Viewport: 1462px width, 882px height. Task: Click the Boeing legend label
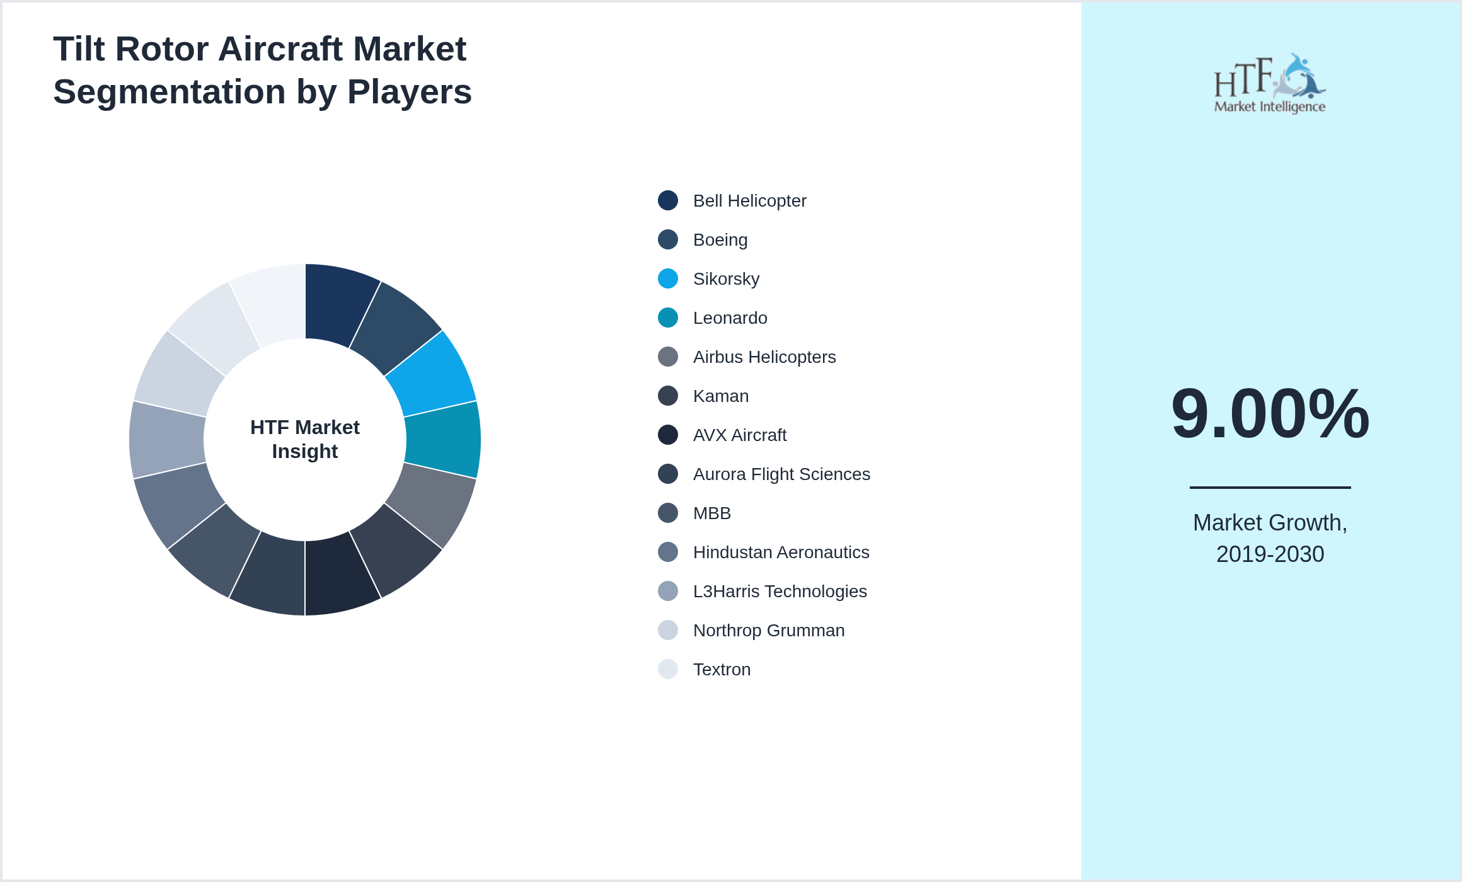720,240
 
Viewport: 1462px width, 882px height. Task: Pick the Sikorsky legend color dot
667,278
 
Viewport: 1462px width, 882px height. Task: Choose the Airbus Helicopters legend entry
764,357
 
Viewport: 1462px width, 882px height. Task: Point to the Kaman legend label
720,396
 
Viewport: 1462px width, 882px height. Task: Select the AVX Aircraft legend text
739,435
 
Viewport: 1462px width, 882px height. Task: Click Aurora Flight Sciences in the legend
781,474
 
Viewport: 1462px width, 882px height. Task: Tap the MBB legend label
711,513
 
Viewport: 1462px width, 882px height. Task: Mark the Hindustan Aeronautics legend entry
780,553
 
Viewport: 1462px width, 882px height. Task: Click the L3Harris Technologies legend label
780,592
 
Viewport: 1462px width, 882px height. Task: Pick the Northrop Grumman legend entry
768,631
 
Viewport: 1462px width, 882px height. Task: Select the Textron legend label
722,670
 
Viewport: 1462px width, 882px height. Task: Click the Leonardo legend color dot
667,318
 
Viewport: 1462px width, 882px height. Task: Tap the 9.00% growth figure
1270,414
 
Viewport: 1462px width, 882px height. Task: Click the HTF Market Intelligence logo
1269,84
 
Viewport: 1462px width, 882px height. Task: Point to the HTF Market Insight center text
305,439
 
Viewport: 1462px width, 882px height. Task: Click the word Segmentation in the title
169,92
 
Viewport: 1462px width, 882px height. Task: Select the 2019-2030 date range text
1270,554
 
